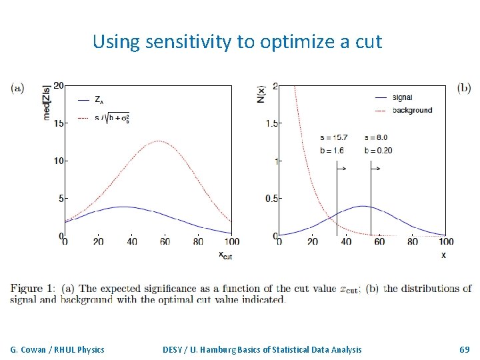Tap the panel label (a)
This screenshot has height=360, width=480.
(18, 87)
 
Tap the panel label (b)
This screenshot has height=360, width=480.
(464, 87)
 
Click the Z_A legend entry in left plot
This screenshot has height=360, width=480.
(98, 100)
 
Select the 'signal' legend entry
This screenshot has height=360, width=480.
(406, 97)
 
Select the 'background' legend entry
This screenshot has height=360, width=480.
(412, 110)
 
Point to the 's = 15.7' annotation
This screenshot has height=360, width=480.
(333, 137)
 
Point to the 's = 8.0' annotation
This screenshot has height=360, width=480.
(376, 137)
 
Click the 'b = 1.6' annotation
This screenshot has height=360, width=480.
(331, 150)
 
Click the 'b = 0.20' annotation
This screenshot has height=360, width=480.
(378, 150)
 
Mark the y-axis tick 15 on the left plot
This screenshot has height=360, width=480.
(59, 123)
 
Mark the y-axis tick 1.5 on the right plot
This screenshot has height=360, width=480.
(271, 123)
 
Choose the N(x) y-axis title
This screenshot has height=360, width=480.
(261, 93)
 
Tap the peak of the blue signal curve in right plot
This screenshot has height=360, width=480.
(362, 206)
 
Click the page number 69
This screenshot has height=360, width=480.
(465, 349)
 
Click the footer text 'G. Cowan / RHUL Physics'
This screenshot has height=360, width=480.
(57, 349)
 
